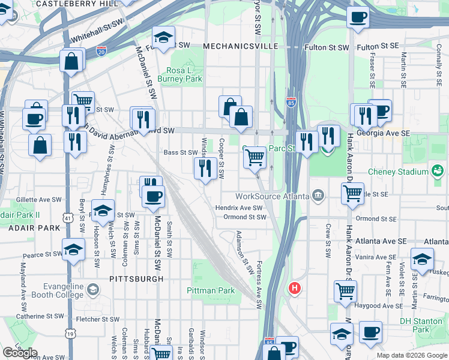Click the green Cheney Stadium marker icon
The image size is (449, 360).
point(438,172)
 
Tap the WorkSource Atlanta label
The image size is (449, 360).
point(271,196)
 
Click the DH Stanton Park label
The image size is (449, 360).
point(423,325)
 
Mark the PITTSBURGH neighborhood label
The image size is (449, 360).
point(128,279)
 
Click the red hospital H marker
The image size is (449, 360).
point(294,288)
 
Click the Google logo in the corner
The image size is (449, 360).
point(20,353)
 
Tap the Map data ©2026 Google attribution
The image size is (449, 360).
point(412,355)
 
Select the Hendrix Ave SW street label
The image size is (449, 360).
point(239,208)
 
